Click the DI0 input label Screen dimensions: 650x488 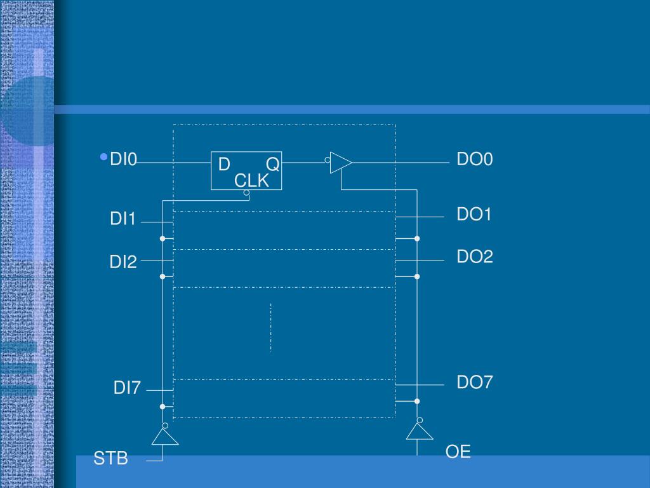[124, 159]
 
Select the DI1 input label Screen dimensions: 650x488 [123, 219]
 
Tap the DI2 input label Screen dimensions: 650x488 [123, 261]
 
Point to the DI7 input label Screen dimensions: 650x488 [127, 388]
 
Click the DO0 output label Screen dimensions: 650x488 [475, 159]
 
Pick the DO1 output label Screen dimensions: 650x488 [475, 214]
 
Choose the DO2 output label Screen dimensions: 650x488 [475, 257]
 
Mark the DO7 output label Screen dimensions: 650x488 [475, 382]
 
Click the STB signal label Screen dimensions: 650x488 [111, 458]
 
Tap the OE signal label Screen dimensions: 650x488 [458, 452]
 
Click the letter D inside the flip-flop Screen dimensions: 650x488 [224, 165]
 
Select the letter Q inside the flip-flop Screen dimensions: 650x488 [272, 165]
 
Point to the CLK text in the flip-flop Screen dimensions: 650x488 [252, 181]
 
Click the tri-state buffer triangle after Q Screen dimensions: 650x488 [340, 163]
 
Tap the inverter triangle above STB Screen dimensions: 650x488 [165, 437]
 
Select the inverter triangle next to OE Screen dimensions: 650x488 [420, 432]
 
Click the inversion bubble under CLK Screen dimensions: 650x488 [246, 193]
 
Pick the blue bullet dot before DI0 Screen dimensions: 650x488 [103, 157]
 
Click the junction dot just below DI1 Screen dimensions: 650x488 [162, 239]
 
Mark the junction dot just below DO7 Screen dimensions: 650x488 [417, 401]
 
